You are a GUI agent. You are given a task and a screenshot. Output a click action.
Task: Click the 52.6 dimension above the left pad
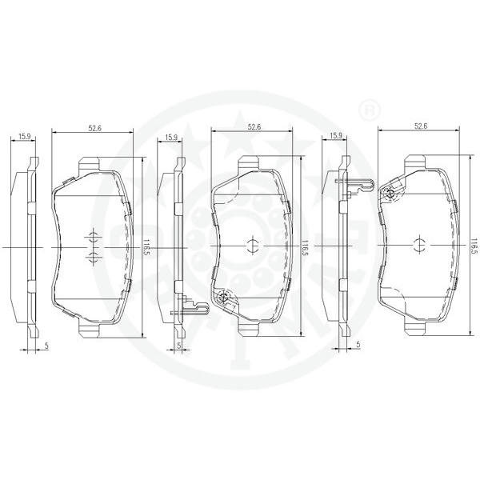pyautogui.click(x=95, y=129)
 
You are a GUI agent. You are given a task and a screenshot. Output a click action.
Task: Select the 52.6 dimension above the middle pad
pyautogui.click(x=254, y=127)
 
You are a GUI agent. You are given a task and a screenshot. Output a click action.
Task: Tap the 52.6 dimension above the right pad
pyautogui.click(x=421, y=126)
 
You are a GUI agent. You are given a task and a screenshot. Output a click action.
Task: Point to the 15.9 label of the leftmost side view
pyautogui.click(x=25, y=137)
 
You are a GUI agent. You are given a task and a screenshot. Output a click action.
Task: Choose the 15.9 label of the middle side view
pyautogui.click(x=171, y=137)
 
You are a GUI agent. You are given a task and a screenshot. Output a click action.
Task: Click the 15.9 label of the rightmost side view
pyautogui.click(x=336, y=136)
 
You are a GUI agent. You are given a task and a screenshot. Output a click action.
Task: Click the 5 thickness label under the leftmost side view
pyautogui.click(x=46, y=346)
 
